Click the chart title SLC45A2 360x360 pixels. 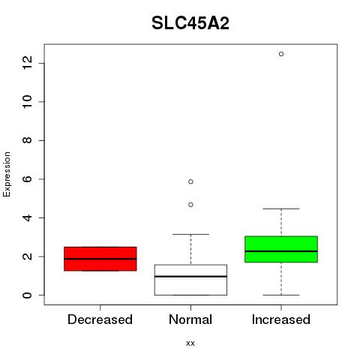(x=190, y=23)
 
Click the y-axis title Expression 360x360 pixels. (x=7, y=174)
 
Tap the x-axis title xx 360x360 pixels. (x=190, y=343)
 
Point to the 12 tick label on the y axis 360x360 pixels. (x=27, y=63)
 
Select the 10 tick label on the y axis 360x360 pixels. (x=27, y=101)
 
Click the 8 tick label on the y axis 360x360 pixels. (x=27, y=140)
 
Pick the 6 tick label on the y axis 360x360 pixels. (x=27, y=179)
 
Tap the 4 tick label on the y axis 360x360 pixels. (x=27, y=217)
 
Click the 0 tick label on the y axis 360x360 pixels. (x=27, y=295)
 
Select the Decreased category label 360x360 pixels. (x=100, y=319)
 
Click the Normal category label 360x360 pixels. (x=190, y=319)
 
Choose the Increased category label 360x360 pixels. (x=281, y=319)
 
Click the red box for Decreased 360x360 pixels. (x=100, y=259)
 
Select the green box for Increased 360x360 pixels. (x=281, y=249)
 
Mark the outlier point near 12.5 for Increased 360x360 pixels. (x=281, y=54)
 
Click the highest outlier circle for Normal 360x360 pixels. (x=190, y=181)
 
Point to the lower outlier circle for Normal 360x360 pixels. (x=190, y=205)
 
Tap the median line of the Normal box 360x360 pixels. (x=190, y=276)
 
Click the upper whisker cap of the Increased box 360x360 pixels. (x=281, y=208)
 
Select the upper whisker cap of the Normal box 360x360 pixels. (x=190, y=234)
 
